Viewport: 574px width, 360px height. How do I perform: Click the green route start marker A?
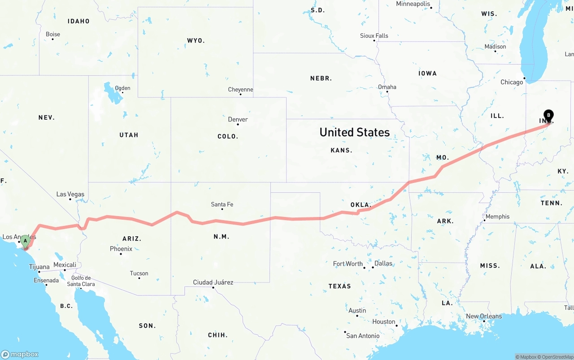(26, 241)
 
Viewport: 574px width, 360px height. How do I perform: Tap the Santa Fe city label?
(222, 204)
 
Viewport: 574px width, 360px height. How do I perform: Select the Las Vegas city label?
(70, 194)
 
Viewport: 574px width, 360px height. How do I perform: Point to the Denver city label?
(238, 119)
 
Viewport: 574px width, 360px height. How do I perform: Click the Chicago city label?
(512, 82)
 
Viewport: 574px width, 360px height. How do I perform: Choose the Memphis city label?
(497, 217)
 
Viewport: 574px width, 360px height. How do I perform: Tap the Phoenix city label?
(121, 249)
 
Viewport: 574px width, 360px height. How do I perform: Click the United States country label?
(354, 132)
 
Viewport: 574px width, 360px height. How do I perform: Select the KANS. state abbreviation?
(341, 150)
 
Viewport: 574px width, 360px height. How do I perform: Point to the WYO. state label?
(196, 40)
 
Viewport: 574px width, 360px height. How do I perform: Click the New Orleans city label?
(484, 316)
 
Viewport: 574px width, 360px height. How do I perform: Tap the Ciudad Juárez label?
(213, 282)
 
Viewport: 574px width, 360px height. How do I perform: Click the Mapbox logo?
(20, 354)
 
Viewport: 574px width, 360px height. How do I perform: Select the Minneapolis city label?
(413, 4)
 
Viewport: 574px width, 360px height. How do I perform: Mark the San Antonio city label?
(363, 335)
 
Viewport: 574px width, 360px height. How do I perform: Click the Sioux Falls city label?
(374, 36)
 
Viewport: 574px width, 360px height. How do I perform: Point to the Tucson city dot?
(139, 278)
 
